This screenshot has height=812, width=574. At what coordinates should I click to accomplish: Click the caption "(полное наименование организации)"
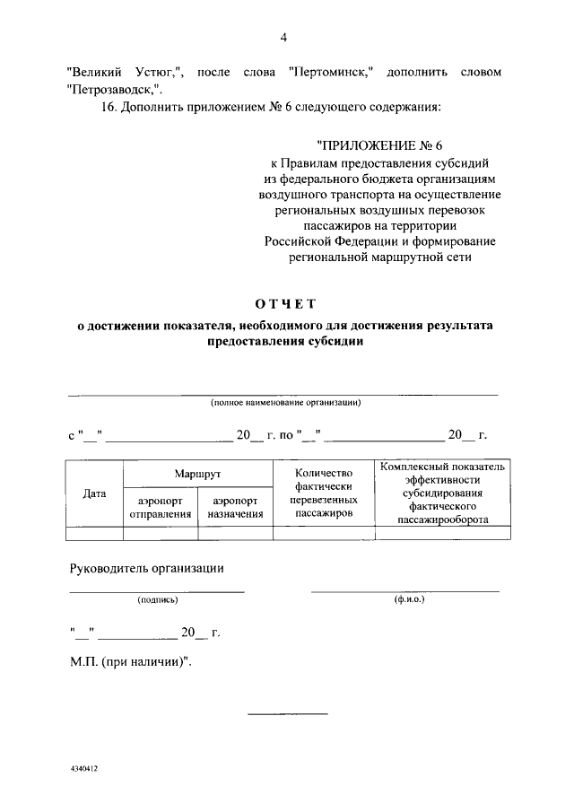pos(285,403)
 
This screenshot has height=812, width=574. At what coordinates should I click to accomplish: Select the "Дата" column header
pos(94,493)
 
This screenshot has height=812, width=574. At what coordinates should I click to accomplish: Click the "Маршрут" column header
pos(197,472)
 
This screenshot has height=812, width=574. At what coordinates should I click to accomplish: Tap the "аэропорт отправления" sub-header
pos(161,508)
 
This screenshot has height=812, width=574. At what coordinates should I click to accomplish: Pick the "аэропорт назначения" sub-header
pos(235,508)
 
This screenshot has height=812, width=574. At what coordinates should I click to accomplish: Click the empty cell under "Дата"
pos(94,533)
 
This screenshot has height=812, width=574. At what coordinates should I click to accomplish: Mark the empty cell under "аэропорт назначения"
pos(235,533)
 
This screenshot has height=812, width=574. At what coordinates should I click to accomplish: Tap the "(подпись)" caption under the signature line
pos(158,599)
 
